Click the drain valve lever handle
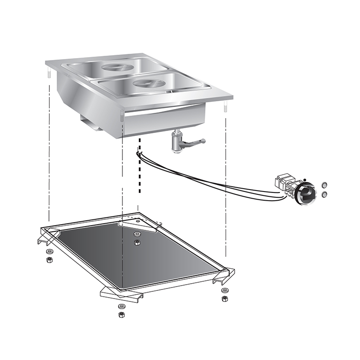196,142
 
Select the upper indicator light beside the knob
324,184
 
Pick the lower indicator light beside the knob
324,194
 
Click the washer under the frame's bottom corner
120,306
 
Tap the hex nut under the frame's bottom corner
120,314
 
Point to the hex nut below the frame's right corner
225,299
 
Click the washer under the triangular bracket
138,234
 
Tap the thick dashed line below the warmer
139,168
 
